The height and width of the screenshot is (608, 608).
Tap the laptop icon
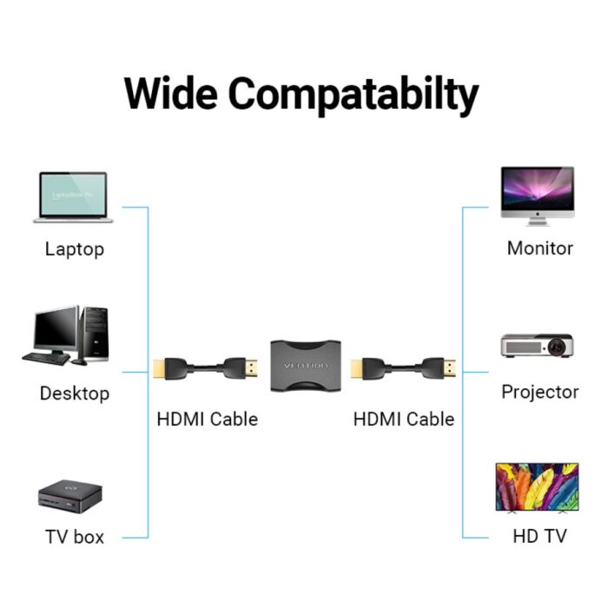(x=73, y=198)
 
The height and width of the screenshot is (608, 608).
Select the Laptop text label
(x=74, y=249)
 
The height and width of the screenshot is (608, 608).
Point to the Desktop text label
(x=75, y=393)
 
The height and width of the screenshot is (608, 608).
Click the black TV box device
(x=71, y=498)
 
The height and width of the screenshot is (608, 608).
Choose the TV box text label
(x=75, y=537)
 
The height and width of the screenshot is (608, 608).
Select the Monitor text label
(x=540, y=248)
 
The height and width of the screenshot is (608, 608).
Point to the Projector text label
(x=540, y=392)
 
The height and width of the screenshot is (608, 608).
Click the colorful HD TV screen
(x=537, y=486)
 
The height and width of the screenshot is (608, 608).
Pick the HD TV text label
(x=540, y=536)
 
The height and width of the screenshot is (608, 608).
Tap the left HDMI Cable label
(x=208, y=419)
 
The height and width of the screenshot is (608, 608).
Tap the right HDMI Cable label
(x=404, y=419)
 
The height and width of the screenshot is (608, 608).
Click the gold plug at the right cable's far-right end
(x=450, y=368)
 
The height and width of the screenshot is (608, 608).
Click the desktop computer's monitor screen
(x=56, y=331)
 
